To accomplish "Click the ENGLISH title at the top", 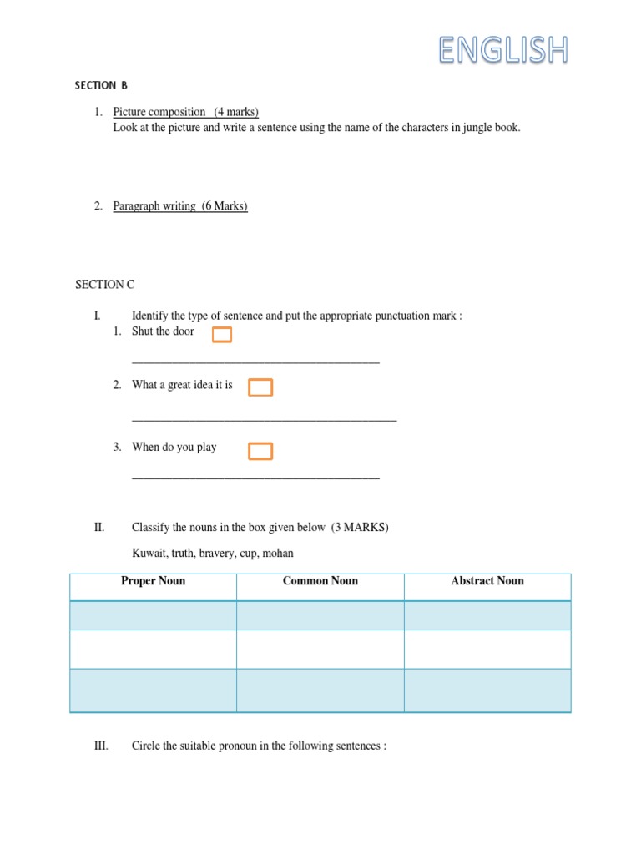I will [503, 50].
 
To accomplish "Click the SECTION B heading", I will [101, 85].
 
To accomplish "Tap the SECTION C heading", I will [104, 285].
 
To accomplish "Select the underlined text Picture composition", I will [159, 112].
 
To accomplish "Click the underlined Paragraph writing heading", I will [154, 206].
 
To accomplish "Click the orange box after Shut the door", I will [221, 335].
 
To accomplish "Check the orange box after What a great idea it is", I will [260, 387].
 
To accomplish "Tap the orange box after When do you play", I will [260, 452].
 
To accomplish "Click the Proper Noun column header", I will [153, 581].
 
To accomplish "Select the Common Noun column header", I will [320, 581].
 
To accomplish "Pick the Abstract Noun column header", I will [487, 581].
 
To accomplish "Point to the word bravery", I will [228, 554].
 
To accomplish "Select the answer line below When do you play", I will [255, 478].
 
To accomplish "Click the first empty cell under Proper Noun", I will [153, 615].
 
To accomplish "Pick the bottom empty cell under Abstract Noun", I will [487, 691].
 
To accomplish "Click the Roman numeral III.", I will [101, 746].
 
